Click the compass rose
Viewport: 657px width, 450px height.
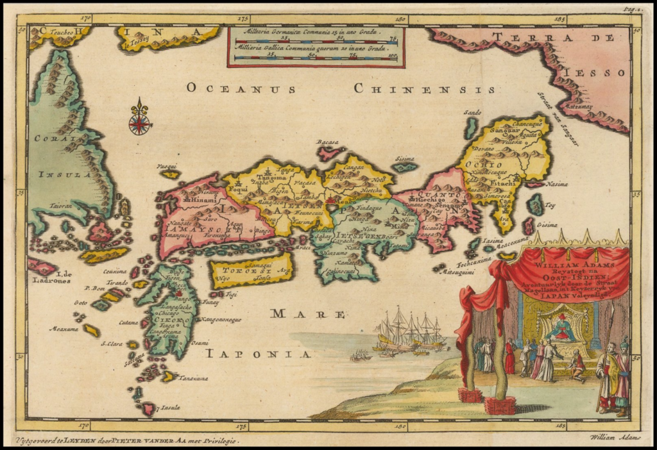140,119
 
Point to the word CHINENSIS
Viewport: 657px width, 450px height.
425,88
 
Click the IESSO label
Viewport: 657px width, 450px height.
599,72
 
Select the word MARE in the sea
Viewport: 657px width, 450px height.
307,313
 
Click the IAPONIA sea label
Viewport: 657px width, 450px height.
258,353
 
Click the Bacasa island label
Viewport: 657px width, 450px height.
327,142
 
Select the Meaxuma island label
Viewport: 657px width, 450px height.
64,329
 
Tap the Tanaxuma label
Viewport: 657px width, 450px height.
193,378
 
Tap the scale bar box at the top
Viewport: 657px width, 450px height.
316,46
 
